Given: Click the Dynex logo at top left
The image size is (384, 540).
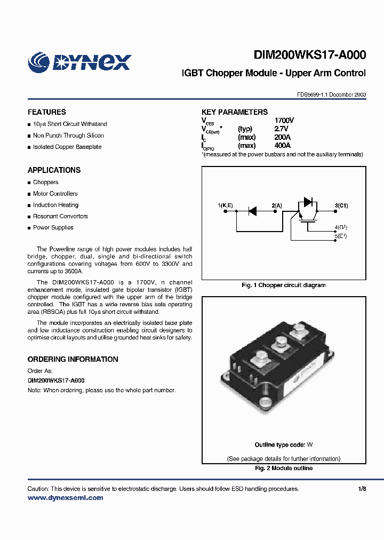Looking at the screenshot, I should [x=79, y=61].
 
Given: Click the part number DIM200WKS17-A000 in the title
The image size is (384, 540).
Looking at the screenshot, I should [x=309, y=54].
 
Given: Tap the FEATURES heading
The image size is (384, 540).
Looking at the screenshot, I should [x=47, y=112].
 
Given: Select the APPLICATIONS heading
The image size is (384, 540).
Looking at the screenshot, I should [x=54, y=170].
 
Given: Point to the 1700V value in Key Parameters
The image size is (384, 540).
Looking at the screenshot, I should [x=284, y=121].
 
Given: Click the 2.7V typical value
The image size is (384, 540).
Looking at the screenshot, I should [x=281, y=129].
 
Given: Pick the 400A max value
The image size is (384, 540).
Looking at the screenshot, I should [x=282, y=146].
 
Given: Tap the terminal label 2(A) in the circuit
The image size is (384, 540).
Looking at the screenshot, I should [x=277, y=205].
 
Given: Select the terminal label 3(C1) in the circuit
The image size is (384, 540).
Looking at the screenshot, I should [x=341, y=205].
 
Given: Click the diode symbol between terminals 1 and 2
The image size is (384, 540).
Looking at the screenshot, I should [x=252, y=211].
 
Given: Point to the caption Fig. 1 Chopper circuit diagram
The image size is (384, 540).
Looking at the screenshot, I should [x=283, y=285].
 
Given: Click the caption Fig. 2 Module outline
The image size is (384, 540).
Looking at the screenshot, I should [x=283, y=468].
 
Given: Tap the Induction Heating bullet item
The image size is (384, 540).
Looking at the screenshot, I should [x=55, y=205].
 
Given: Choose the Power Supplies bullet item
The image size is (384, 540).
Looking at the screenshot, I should [x=53, y=227].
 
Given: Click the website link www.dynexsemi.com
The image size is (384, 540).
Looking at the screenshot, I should [x=65, y=498].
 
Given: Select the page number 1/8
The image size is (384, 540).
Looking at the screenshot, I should [x=362, y=489].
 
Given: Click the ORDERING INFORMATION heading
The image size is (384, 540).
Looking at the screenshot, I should [x=73, y=359].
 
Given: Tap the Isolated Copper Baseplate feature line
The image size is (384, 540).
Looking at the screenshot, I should [x=67, y=147].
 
